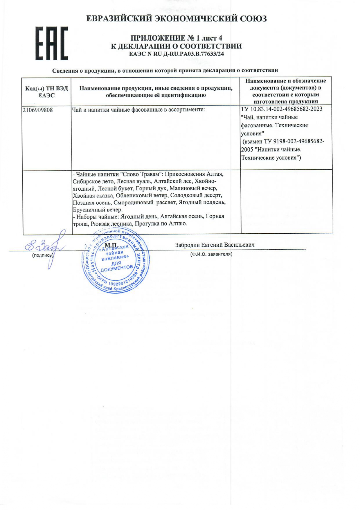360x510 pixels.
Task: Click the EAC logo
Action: tap(52, 44)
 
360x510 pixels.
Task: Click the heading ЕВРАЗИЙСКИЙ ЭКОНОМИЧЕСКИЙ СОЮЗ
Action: tap(177, 19)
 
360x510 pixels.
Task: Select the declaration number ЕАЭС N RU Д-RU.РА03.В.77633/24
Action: tap(177, 54)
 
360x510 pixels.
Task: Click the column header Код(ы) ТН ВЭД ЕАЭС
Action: tap(47, 92)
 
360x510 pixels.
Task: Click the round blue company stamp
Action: tap(116, 260)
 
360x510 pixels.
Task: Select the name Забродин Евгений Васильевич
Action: tap(215, 245)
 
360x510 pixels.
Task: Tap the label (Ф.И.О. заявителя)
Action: tap(211, 254)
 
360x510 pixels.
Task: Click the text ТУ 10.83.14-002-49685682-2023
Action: tap(282, 109)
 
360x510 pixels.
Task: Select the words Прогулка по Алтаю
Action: tap(161, 224)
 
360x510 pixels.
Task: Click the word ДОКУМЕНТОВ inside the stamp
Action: tap(117, 268)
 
